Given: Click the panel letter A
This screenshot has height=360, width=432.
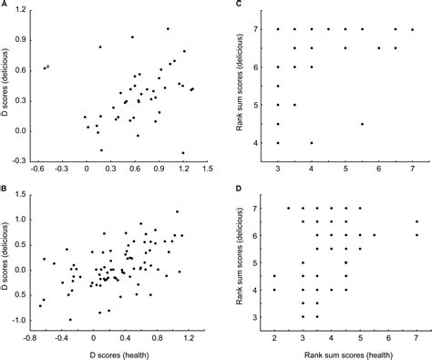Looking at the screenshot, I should [x=5, y=5].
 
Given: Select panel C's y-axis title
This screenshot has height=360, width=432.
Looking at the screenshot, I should [x=242, y=86].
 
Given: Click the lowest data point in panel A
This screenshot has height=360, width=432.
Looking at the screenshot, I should [x=183, y=153].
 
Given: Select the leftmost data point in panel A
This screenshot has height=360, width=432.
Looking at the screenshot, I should [x=45, y=67].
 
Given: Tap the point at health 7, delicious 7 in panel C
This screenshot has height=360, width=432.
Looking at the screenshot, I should [x=411, y=29].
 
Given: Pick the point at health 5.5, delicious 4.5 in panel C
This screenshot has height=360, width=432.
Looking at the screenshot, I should [x=362, y=124].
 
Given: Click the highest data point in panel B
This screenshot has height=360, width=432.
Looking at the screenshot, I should [x=178, y=212].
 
